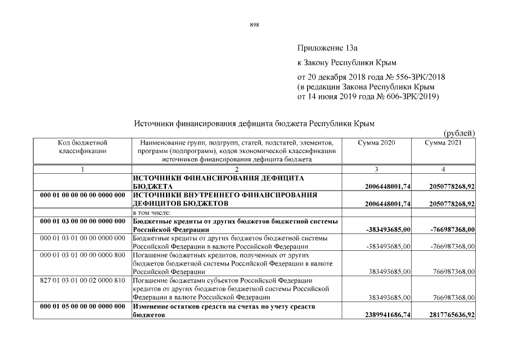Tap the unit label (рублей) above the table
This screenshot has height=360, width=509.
(460, 133)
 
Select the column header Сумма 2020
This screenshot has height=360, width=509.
(376, 143)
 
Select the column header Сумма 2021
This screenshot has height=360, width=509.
(443, 143)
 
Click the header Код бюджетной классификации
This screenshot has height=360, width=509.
(83, 147)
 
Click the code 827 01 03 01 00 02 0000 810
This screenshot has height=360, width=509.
(83, 280)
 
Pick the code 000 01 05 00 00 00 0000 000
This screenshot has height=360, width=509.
(83, 306)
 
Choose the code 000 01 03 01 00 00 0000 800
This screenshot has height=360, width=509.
(83, 255)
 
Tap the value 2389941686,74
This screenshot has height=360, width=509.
(388, 315)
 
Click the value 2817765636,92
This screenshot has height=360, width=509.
(451, 315)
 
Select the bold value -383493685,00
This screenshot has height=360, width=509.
(388, 229)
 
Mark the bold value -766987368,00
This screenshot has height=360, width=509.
(452, 229)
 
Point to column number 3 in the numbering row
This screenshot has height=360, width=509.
(376, 169)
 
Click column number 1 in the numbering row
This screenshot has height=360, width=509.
(83, 169)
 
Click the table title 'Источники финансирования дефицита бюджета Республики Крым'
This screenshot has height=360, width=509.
(254, 123)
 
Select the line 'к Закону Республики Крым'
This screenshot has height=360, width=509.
(339, 62)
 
